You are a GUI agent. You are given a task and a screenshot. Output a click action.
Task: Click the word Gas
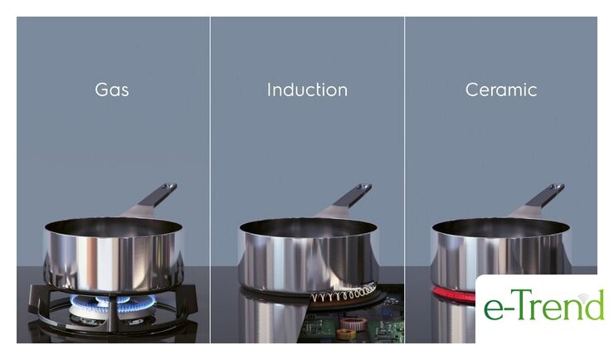112,90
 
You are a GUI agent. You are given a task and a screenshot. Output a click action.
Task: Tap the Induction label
307,90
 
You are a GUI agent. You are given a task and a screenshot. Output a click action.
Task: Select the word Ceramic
501,90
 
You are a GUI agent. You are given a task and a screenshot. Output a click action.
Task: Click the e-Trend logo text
544,305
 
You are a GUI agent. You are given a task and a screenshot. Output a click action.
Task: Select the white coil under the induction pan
344,294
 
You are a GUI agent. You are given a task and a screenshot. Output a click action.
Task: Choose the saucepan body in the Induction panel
308,256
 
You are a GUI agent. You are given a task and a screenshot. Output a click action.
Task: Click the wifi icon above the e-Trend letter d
583,297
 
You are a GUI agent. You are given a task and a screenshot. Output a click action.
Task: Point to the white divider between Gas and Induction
210,180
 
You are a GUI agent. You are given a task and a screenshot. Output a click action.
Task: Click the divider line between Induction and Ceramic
405,180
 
